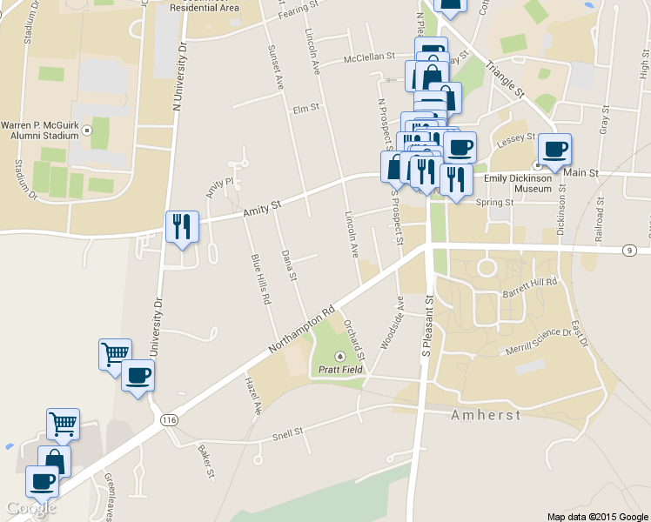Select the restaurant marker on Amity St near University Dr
click(182, 227)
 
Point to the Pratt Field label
click(339, 369)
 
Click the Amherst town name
click(486, 415)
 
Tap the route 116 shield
click(170, 419)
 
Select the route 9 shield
click(629, 251)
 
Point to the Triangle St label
click(507, 78)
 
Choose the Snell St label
click(286, 432)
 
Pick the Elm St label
click(306, 109)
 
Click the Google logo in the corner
click(30, 508)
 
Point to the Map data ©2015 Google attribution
click(597, 516)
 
